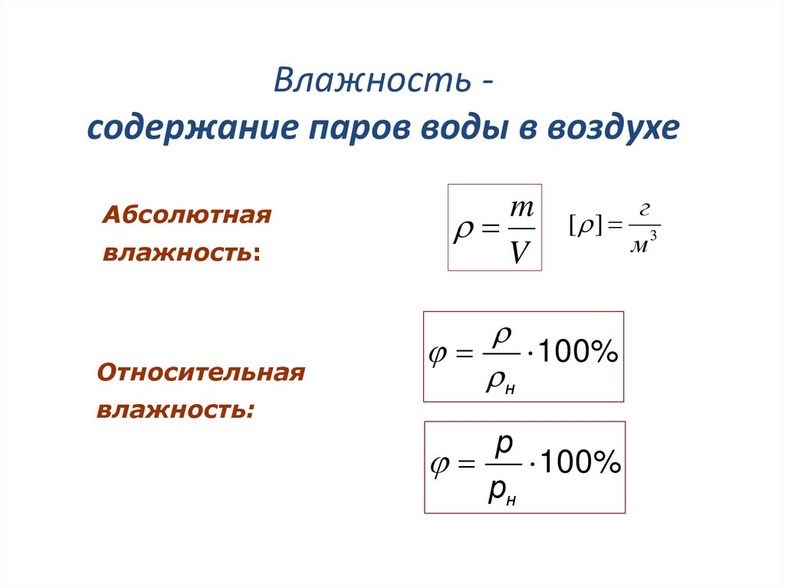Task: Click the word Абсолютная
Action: [x=188, y=215]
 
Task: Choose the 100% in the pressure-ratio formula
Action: [x=577, y=464]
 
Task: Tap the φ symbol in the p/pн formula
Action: [x=439, y=465]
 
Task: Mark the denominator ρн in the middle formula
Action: [x=499, y=381]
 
